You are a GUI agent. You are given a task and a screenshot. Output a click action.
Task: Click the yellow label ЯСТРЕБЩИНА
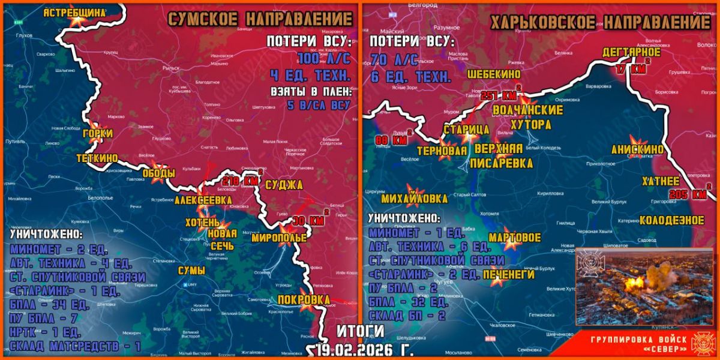point(74,11)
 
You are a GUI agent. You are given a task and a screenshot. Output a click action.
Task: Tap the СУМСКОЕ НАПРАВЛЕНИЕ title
point(259,19)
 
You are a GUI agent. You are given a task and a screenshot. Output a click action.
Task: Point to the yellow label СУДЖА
point(284,184)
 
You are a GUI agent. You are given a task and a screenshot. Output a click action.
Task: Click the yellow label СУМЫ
point(191,271)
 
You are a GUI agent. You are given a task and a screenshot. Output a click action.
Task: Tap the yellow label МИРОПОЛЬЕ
point(279,238)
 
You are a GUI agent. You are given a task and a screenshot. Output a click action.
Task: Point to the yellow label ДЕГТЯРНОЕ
point(631,53)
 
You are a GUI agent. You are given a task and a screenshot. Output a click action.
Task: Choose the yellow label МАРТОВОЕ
point(515,237)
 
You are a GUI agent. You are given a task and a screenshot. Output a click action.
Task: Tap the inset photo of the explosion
point(644,286)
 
